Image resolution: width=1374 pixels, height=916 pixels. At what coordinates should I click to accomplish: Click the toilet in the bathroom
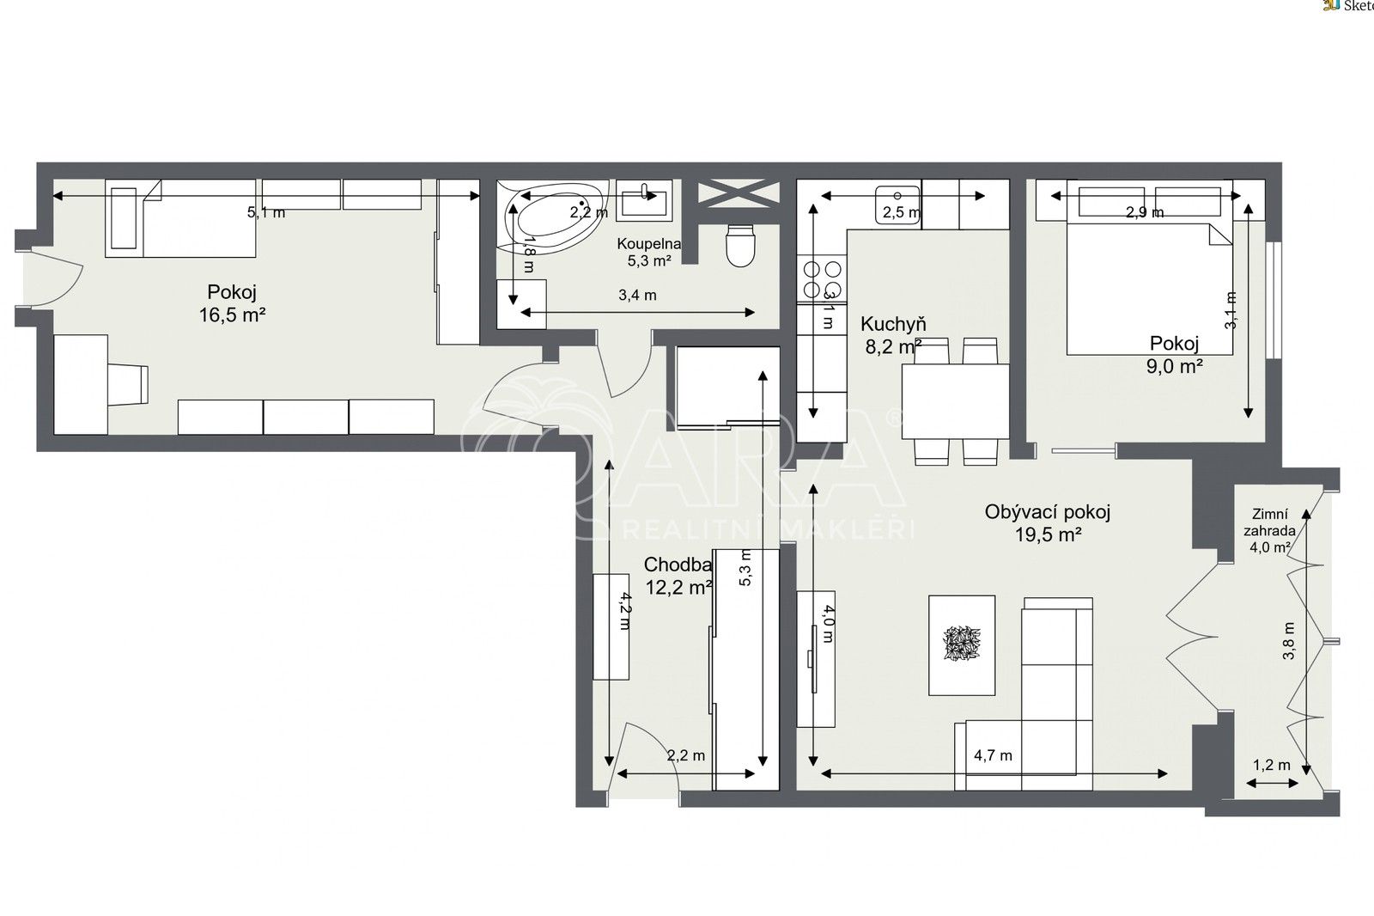pos(739,245)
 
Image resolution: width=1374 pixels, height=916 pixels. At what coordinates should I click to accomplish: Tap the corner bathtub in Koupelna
pos(550,219)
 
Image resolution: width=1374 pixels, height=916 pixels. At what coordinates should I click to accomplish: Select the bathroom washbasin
pos(643,201)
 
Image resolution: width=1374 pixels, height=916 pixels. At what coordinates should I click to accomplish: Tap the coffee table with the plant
pos(962,644)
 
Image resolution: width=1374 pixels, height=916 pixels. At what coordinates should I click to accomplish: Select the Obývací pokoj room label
pos(1047,512)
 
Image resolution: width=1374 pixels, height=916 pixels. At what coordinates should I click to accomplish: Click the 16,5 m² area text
pos(231,315)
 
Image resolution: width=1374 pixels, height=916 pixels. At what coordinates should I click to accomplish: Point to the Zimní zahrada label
pos(1269,522)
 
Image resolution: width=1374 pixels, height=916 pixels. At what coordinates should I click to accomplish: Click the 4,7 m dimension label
pos(993,756)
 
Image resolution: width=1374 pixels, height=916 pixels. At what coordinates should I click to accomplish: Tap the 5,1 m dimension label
pos(266,212)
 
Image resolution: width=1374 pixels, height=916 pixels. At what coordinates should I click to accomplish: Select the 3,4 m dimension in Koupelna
pos(637,296)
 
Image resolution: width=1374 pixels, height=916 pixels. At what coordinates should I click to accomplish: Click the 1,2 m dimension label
pos(1271,765)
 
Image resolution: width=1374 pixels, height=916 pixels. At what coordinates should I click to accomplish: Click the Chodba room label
pos(678,565)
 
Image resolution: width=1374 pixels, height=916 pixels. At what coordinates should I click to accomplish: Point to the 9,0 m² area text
pos(1174,366)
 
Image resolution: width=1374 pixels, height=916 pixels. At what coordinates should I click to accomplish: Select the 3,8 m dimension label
pos(1288,640)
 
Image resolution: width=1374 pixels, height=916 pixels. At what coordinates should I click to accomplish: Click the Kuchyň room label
pos(893,324)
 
